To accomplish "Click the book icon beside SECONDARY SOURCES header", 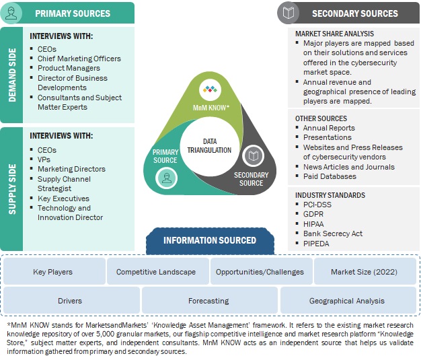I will [x=289, y=13].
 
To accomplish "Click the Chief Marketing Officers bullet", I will [x=79, y=59].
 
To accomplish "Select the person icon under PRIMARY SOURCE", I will [x=165, y=178].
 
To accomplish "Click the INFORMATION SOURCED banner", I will [x=210, y=240].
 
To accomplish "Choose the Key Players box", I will [x=53, y=272].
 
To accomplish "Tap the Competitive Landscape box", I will [x=156, y=272].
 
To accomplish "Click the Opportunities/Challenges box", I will [x=260, y=272].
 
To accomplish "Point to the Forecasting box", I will [x=208, y=301].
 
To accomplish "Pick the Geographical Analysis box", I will [x=347, y=301].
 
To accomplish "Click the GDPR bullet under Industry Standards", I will [x=314, y=214].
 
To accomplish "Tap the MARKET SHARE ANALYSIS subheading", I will [x=334, y=34].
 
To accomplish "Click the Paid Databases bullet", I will [x=330, y=176].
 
